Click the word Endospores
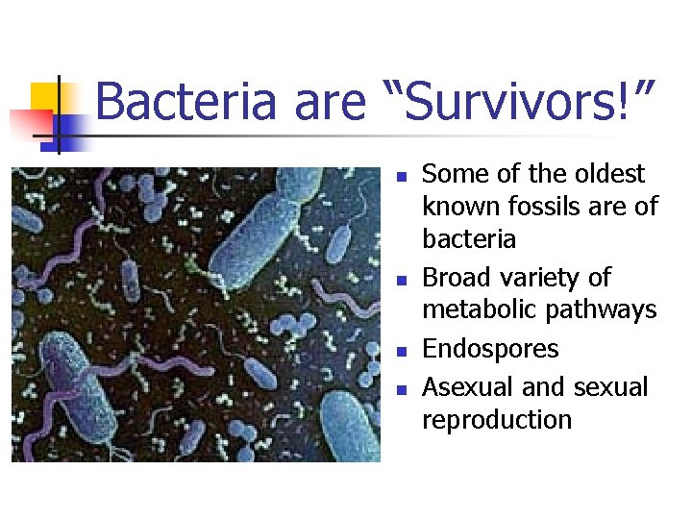click(490, 348)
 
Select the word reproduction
click(497, 420)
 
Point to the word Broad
click(456, 278)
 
